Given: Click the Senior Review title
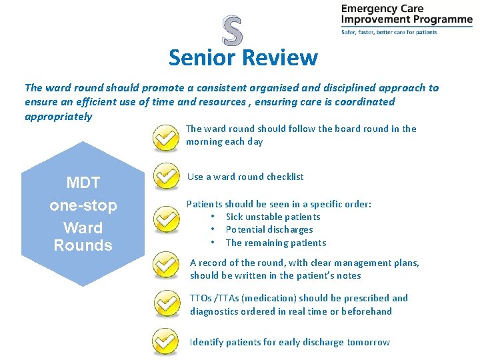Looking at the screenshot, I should click(243, 58).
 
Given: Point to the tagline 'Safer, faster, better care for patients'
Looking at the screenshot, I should click(389, 32).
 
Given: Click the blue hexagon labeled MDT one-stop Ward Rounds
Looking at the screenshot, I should click(83, 213).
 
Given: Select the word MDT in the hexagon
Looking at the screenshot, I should click(83, 183).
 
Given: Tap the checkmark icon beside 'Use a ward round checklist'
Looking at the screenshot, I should click(165, 177).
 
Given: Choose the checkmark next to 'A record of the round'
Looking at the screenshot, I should click(165, 265).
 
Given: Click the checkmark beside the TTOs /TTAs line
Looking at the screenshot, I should click(165, 303).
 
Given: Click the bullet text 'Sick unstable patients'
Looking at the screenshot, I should click(273, 217).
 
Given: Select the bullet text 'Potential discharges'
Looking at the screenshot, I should click(269, 229).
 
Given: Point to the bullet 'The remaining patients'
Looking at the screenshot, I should click(275, 243).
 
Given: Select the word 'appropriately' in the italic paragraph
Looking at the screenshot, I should click(59, 117).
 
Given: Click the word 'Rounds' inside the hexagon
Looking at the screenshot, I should click(83, 245).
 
